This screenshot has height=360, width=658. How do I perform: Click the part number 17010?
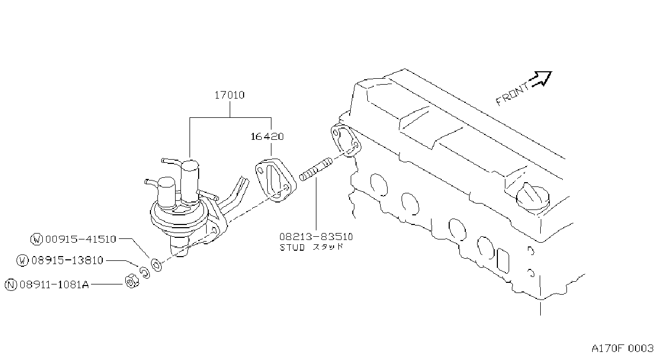[x=230, y=95]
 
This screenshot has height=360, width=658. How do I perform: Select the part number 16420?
[x=267, y=137]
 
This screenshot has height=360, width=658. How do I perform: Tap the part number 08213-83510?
[x=316, y=237]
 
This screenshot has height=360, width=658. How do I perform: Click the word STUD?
[x=292, y=247]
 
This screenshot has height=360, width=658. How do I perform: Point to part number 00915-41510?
[x=81, y=239]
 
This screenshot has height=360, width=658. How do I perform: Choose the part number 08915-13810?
[x=67, y=260]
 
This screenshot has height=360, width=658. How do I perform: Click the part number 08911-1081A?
[x=54, y=284]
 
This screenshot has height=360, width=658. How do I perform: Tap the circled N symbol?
[x=11, y=285]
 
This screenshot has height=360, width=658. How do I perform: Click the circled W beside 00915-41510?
[x=37, y=239]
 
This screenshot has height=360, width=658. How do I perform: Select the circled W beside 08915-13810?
[x=22, y=260]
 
